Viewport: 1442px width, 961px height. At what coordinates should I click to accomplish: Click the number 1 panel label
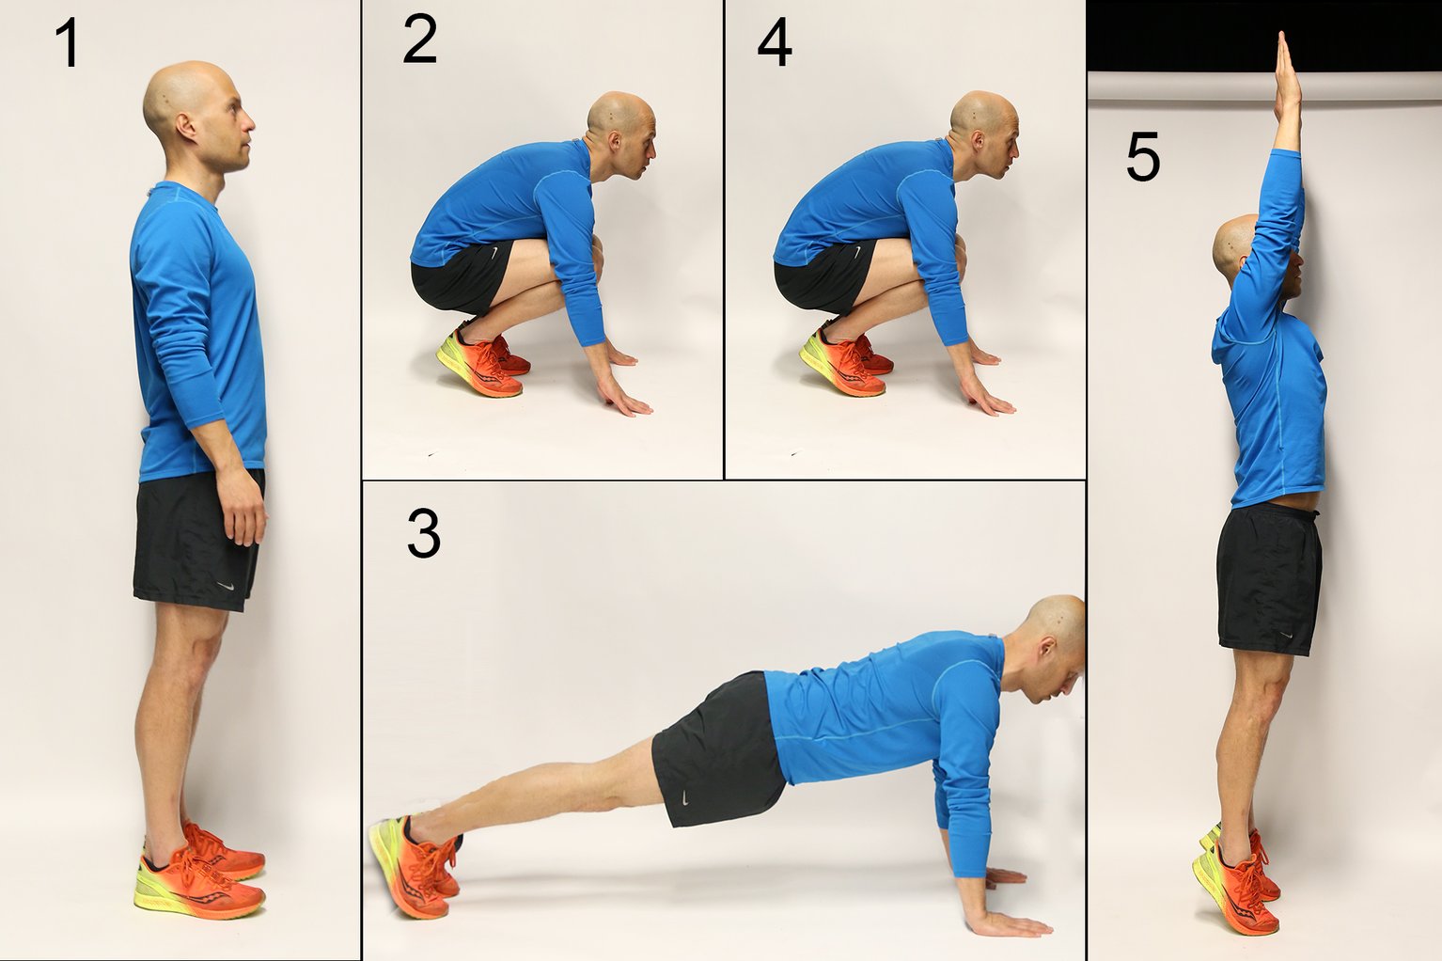click(68, 43)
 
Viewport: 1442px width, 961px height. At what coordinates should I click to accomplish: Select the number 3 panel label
click(423, 534)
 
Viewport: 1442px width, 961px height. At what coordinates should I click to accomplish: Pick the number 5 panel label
click(1142, 157)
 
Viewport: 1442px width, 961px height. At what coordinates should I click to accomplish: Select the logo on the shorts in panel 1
click(226, 586)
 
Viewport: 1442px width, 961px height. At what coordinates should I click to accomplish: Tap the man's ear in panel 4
click(978, 142)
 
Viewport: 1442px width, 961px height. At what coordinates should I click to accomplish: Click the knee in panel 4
click(959, 248)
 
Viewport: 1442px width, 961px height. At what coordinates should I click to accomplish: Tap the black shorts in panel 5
click(1269, 578)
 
